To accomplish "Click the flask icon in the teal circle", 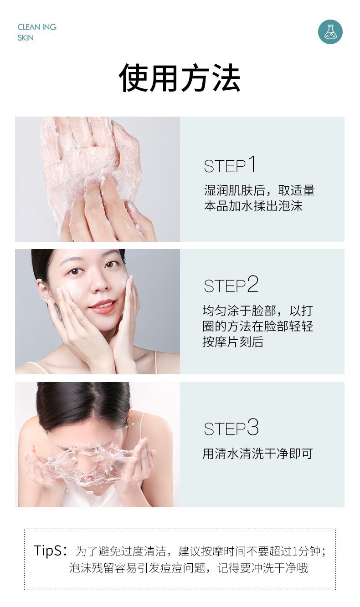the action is pos(330,32).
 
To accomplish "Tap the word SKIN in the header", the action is pos(26,38).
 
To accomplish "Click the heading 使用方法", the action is pos(180,78).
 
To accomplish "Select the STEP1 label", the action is pos(229,164).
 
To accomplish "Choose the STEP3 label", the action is pos(231,428).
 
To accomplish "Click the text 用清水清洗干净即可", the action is pos(257,454).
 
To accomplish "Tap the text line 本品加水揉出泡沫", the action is pos(253,206).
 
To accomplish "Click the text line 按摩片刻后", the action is pos(233,342).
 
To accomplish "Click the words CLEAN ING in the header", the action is pos(37,27).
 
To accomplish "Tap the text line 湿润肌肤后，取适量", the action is pos(259,190).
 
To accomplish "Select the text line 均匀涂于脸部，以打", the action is pos(257,311).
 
